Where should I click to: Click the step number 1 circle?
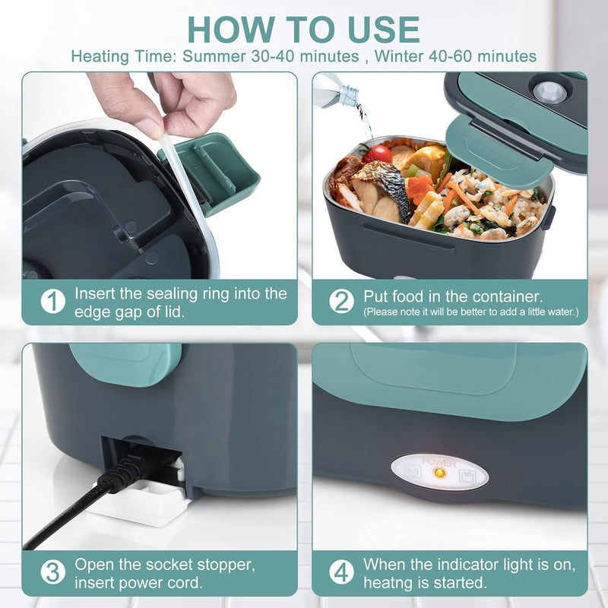click(x=52, y=302)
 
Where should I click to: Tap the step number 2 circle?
click(x=341, y=302)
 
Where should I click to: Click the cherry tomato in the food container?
click(x=378, y=154)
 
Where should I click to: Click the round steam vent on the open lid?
click(x=549, y=92)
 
